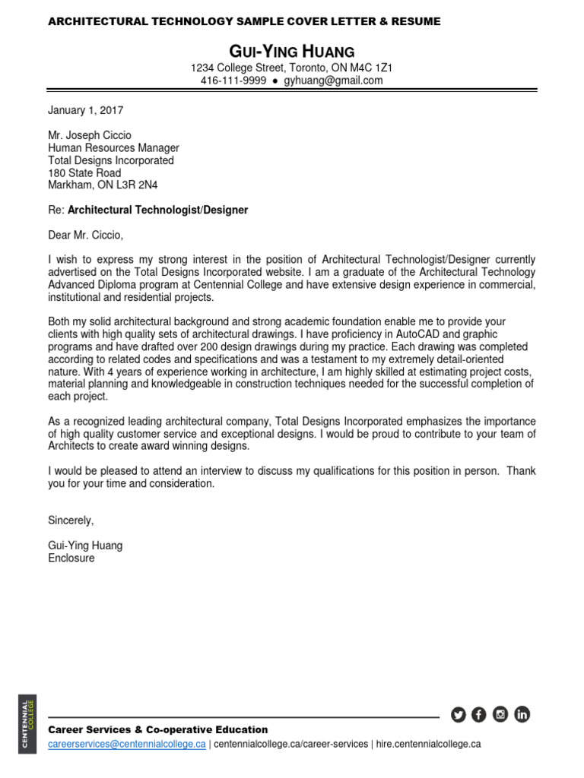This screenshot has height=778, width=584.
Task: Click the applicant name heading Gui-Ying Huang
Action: coord(292,52)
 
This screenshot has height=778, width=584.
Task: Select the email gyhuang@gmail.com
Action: coord(333,81)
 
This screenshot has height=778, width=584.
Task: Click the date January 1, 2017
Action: coord(85,110)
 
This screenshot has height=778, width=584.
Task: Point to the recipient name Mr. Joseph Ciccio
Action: coord(89,135)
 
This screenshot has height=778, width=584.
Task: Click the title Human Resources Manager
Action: coord(113,148)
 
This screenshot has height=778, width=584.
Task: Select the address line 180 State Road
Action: coord(84,172)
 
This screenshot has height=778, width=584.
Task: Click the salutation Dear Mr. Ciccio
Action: coord(84,234)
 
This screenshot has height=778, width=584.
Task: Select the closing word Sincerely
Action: coord(71,520)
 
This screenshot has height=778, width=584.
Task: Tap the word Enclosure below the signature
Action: coord(71,558)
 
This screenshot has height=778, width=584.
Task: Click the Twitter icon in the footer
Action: coord(458,714)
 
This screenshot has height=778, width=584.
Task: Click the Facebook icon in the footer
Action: coord(478,714)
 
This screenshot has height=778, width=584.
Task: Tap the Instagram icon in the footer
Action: coord(500,714)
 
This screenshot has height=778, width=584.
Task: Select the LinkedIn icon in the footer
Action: coord(522,714)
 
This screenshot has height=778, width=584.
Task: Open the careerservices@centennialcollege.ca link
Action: coord(126,745)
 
